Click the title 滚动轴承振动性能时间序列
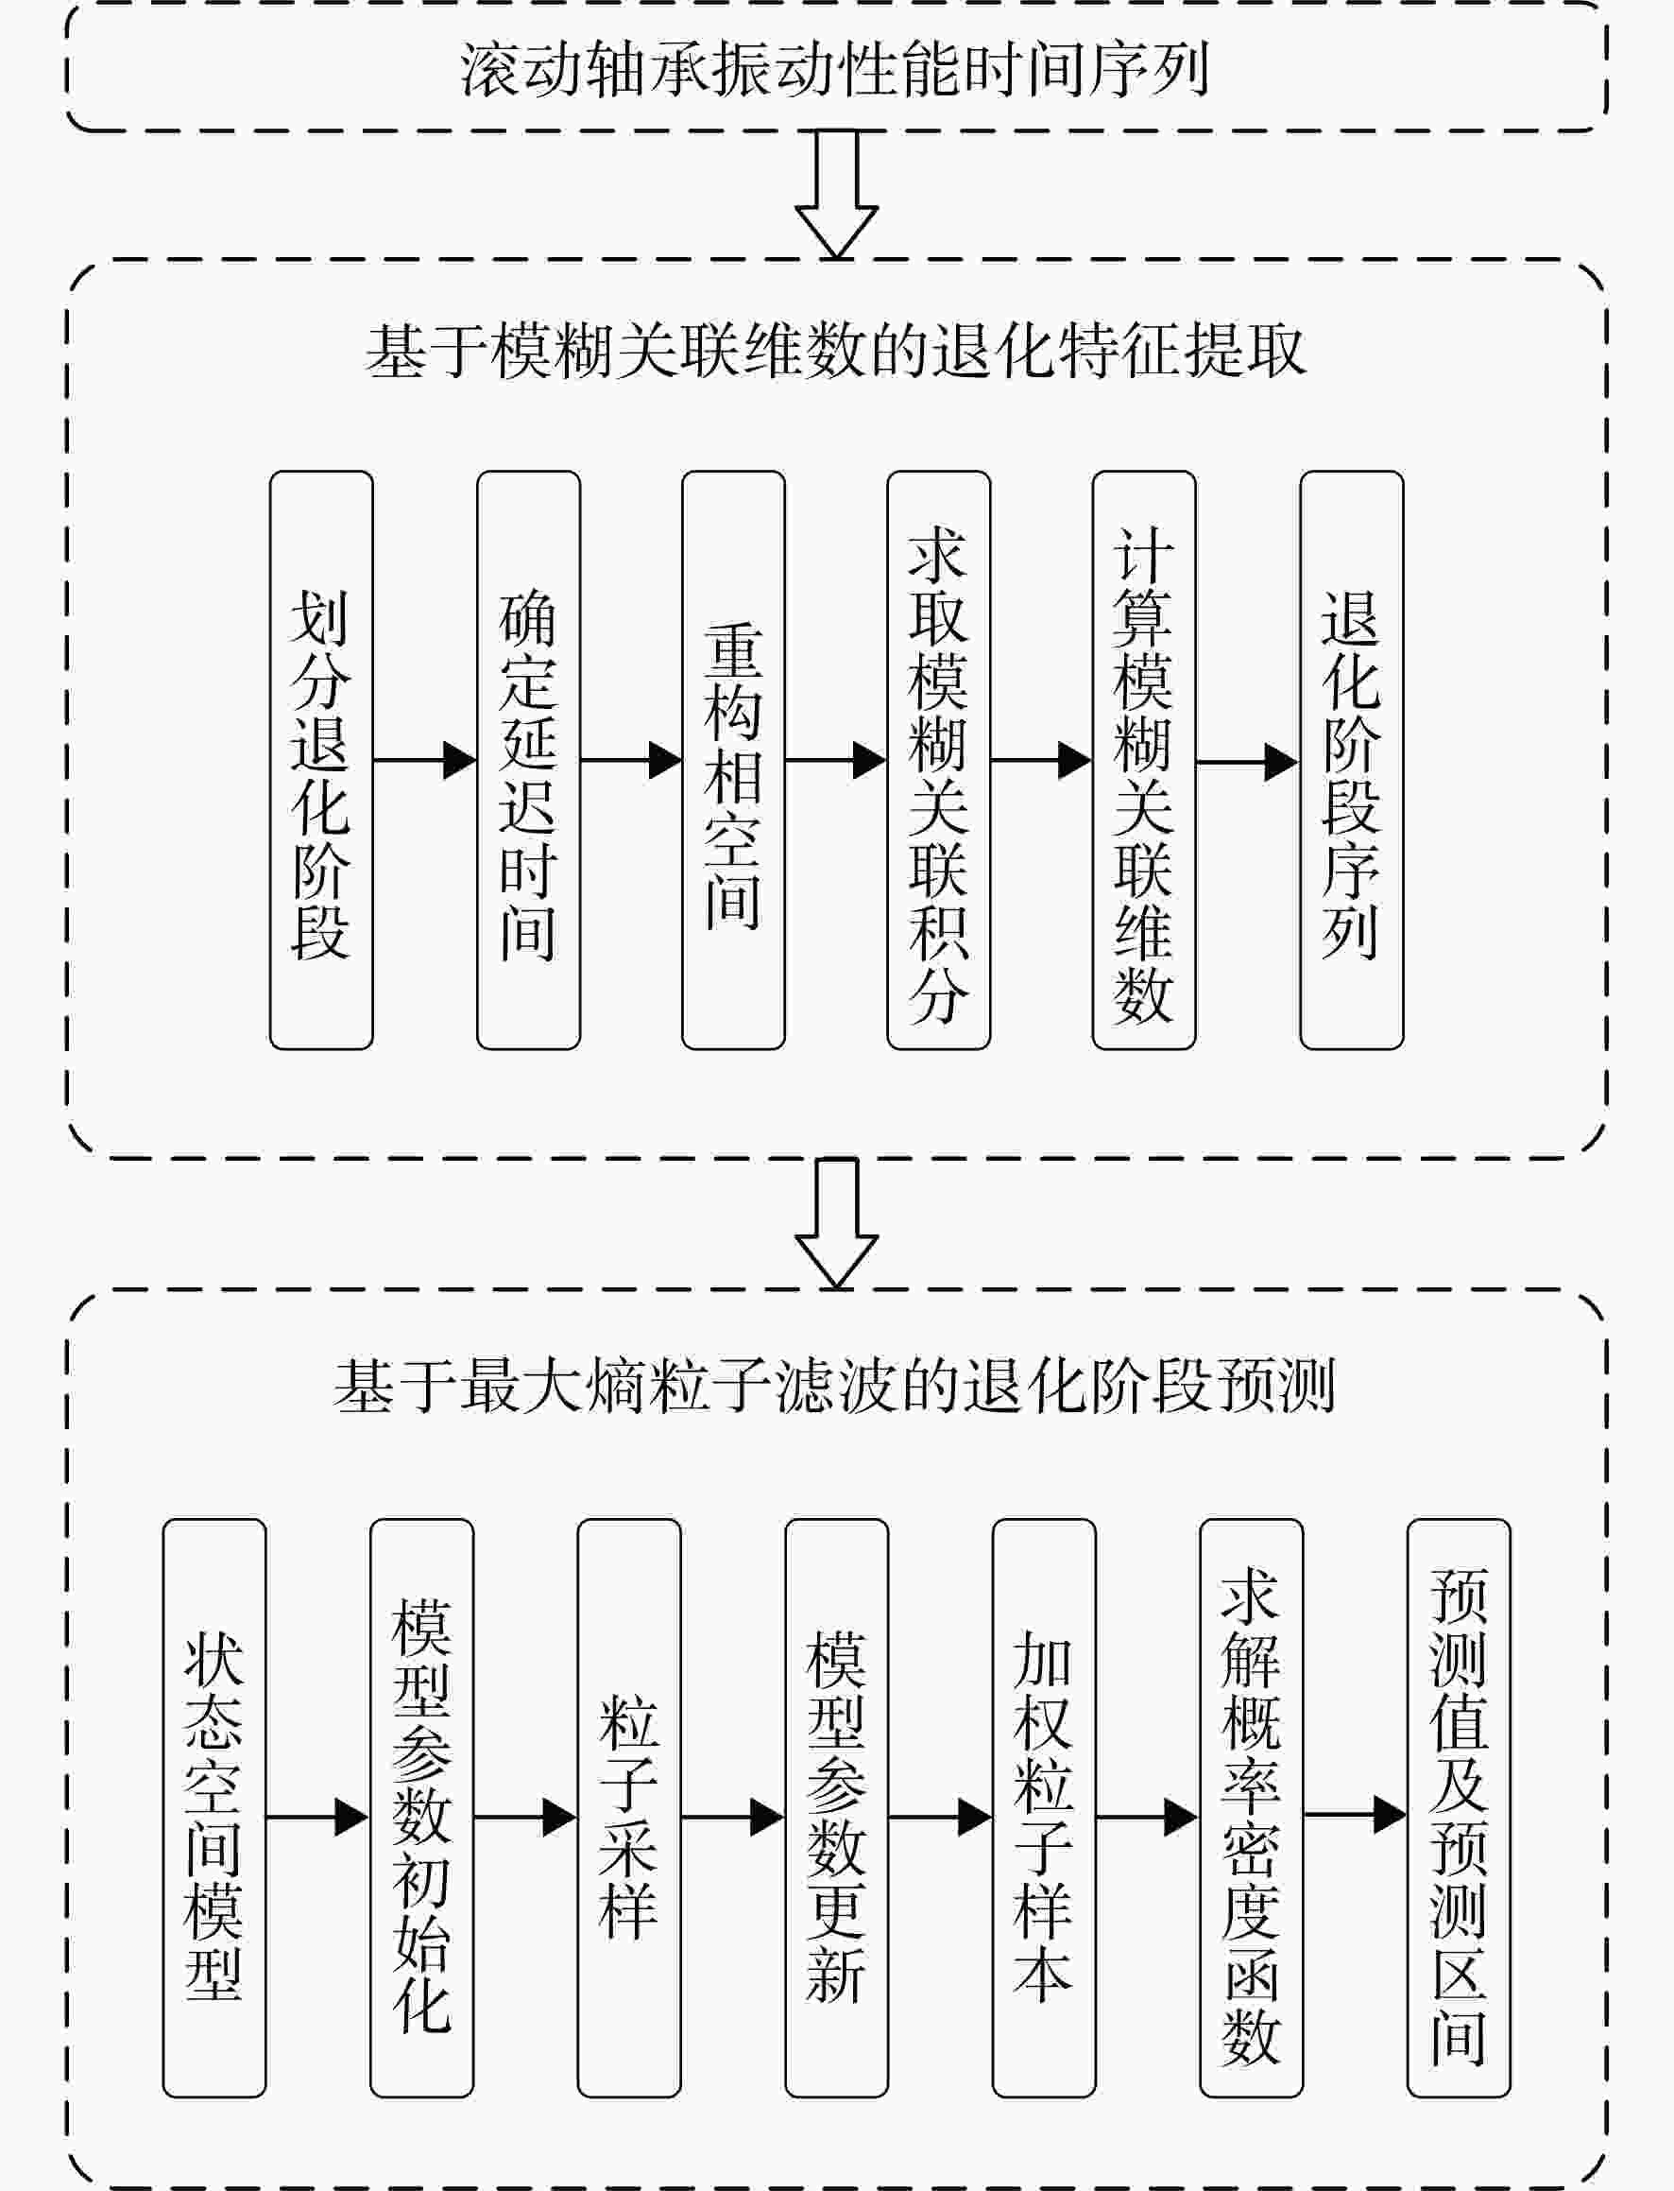(x=835, y=70)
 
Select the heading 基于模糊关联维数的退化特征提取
(x=835, y=351)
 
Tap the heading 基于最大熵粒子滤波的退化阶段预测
(x=835, y=1386)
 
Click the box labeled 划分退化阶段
(x=322, y=760)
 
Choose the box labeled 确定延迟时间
(x=528, y=760)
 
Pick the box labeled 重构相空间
(x=733, y=760)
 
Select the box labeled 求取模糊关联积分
(x=939, y=760)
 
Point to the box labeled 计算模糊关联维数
(x=1144, y=760)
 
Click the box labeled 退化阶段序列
(x=1352, y=760)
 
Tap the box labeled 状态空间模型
(x=214, y=1807)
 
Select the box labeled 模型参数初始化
(x=421, y=1807)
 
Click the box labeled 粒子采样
(x=629, y=1807)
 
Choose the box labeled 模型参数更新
(x=837, y=1807)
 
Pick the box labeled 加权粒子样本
(x=1044, y=1807)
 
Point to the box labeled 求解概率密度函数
(x=1252, y=1807)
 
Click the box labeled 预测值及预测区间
(x=1459, y=1807)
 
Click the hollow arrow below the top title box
(x=837, y=196)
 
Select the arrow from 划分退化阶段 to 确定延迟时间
(x=425, y=761)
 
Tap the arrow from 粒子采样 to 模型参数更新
(x=733, y=1816)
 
